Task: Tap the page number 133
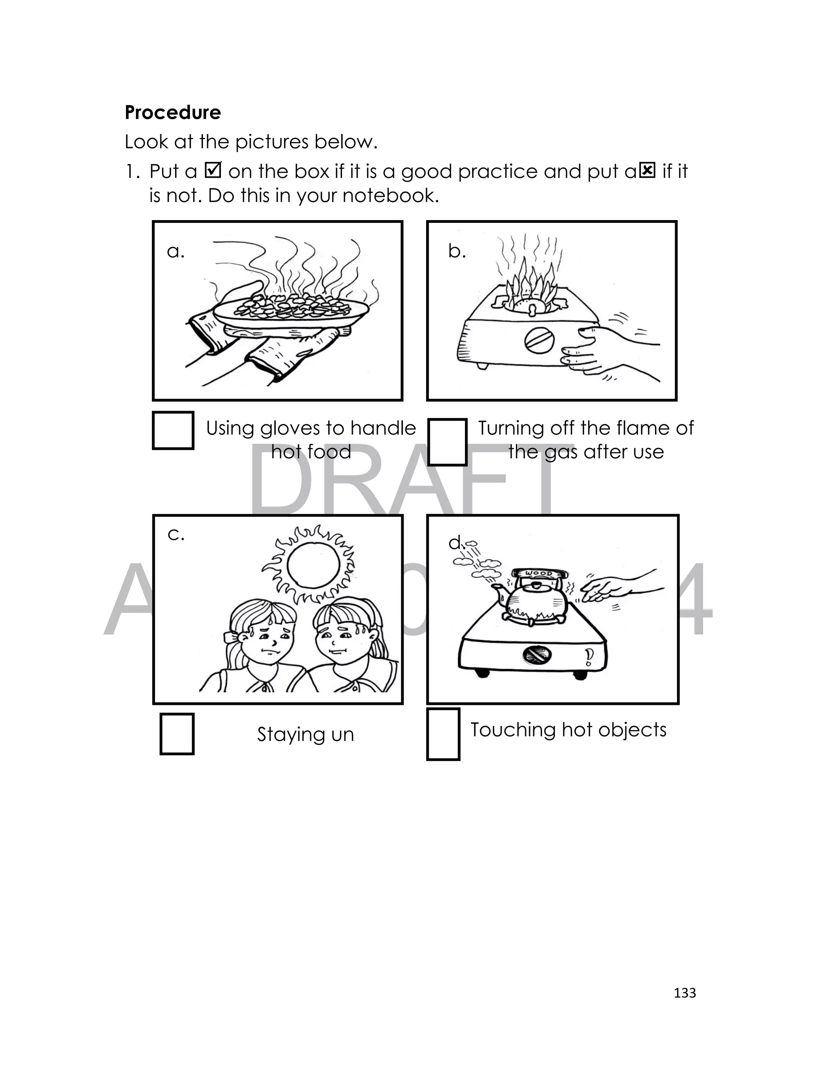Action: (x=685, y=993)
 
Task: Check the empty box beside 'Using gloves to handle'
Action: (x=173, y=431)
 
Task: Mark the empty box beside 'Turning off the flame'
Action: (x=447, y=442)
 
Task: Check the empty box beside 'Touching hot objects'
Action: (x=443, y=734)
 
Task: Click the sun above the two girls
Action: (x=309, y=565)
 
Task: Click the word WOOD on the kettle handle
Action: (x=539, y=573)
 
